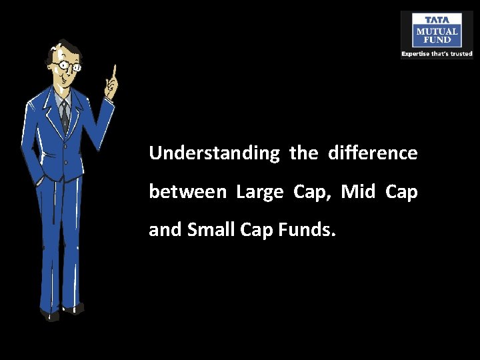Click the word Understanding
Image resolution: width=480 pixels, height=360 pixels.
pos(214,154)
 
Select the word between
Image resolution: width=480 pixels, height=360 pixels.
pos(187,192)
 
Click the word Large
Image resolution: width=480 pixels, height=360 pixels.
pos(259,193)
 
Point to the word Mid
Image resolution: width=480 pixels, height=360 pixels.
pos(358,192)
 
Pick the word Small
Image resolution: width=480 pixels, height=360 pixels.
pos(209,230)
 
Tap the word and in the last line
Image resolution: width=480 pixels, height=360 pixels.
pos(165,230)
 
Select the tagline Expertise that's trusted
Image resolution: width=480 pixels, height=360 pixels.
pos(437,53)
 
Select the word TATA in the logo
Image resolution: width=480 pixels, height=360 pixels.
pos(437,19)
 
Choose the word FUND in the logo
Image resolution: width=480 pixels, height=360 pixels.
pos(437,39)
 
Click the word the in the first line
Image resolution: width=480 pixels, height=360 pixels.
pos(303,153)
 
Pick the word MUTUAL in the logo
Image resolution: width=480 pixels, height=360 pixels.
pos(437,31)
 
